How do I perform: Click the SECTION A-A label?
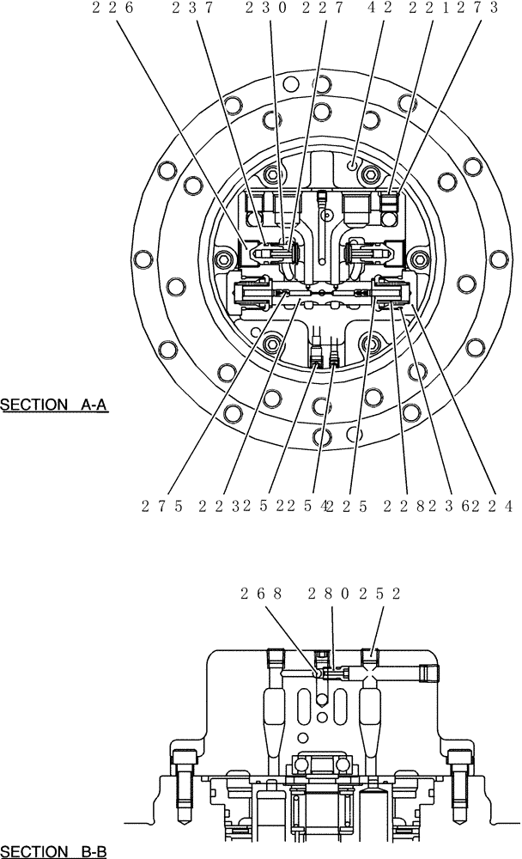[x=53, y=405]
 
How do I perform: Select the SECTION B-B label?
[x=53, y=851]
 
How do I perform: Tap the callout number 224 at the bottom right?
[x=498, y=506]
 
